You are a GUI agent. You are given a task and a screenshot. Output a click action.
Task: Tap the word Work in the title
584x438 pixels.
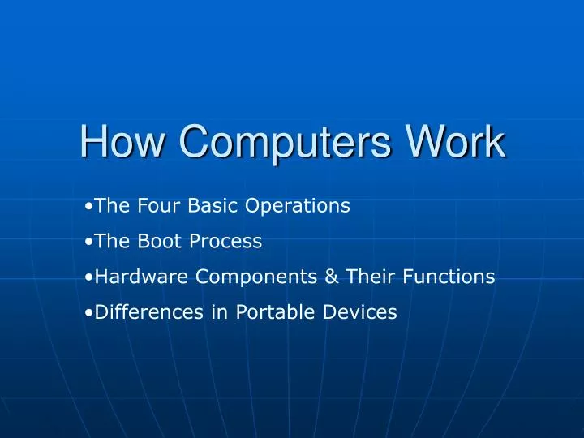coord(456,143)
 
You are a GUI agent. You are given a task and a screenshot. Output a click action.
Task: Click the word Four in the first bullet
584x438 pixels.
coord(152,206)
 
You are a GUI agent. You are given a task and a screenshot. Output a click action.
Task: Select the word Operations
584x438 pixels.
coord(298,207)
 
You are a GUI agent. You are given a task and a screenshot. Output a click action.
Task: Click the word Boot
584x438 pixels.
coord(148,242)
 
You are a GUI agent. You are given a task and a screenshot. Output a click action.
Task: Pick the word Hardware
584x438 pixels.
coord(138,277)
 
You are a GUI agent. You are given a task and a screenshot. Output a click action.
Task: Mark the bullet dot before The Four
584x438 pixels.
coord(88,207)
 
